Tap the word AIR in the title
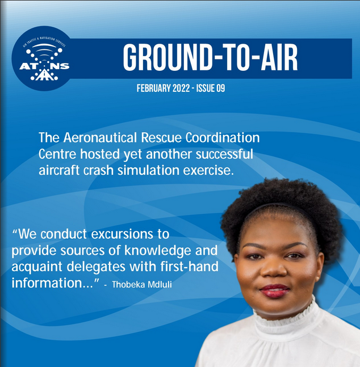tap(278, 58)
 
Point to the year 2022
tap(181, 88)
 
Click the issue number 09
tap(220, 88)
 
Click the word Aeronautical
tap(100, 137)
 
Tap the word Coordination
tap(223, 137)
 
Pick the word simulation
tap(148, 170)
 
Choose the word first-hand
tap(190, 267)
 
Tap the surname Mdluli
tap(160, 285)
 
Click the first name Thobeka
tap(128, 285)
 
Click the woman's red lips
tap(275, 290)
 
